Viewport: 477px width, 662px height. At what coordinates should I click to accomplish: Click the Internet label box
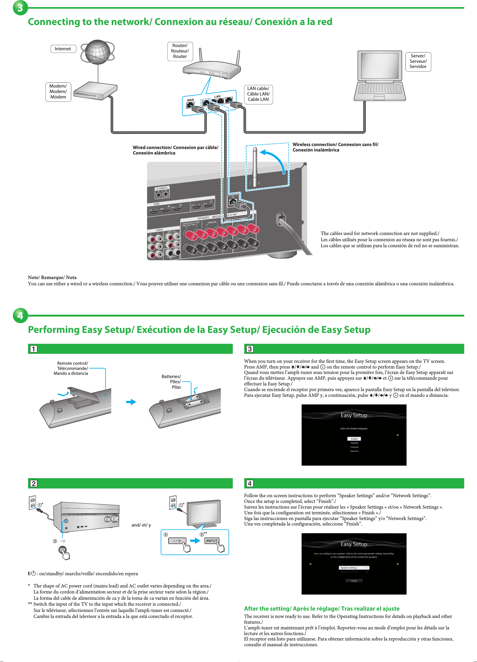pyautogui.click(x=63, y=49)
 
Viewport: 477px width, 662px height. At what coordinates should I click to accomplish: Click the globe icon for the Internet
pyautogui.click(x=98, y=52)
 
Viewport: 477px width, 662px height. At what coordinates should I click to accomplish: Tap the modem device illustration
pyautogui.click(x=95, y=91)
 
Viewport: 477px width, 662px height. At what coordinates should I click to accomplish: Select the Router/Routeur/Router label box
pyautogui.click(x=180, y=51)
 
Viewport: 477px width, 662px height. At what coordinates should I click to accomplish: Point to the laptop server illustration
pyautogui.click(x=379, y=76)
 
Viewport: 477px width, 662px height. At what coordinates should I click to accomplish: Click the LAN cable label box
pyautogui.click(x=258, y=94)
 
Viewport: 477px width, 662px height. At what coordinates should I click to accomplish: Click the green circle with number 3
pyautogui.click(x=20, y=8)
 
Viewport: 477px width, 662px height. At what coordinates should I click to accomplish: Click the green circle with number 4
pyautogui.click(x=20, y=315)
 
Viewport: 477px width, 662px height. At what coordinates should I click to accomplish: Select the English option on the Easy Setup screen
pyautogui.click(x=354, y=439)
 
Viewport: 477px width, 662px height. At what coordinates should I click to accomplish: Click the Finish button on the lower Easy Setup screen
pyautogui.click(x=354, y=581)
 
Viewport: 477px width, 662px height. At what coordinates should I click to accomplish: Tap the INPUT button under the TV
pyautogui.click(x=212, y=541)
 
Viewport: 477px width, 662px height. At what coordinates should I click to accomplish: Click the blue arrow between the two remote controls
pyautogui.click(x=131, y=402)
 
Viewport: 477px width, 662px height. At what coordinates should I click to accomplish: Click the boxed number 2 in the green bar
pyautogui.click(x=33, y=483)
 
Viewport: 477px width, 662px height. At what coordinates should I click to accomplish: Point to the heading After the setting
pyautogui.click(x=321, y=609)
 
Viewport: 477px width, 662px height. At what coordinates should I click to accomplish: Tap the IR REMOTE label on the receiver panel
pyautogui.click(x=162, y=188)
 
